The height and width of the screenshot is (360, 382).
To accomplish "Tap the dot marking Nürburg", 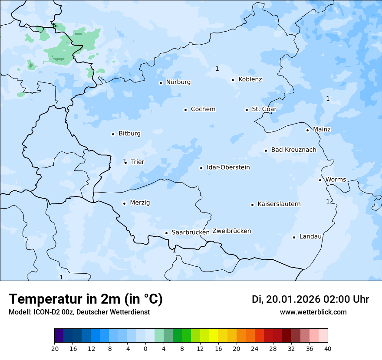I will click(161, 83).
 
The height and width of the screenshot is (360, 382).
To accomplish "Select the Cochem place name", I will click(203, 109).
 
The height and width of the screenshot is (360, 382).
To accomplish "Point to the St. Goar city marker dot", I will click(247, 110).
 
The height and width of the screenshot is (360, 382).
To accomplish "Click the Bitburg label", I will click(129, 134).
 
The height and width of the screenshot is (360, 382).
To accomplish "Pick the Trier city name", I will click(137, 162).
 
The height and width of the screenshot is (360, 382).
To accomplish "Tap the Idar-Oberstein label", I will click(228, 167).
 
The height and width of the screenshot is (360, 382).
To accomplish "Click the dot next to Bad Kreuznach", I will click(266, 151).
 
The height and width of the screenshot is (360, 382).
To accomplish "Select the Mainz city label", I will click(322, 130).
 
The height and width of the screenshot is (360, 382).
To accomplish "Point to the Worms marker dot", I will click(320, 180).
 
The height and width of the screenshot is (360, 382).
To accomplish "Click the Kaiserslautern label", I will click(279, 204).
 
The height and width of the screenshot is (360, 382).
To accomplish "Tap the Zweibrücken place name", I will click(231, 231).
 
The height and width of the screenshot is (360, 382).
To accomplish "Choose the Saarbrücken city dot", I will click(166, 233).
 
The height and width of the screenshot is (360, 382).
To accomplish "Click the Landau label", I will click(310, 237).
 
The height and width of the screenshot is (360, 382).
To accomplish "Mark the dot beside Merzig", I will click(124, 203).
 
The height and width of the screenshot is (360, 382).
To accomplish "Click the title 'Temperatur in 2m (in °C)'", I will click(86, 299).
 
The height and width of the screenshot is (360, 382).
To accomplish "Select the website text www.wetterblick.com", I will click(313, 312).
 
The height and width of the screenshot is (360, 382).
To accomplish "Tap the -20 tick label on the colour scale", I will click(54, 349).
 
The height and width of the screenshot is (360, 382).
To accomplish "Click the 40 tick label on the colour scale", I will click(328, 349).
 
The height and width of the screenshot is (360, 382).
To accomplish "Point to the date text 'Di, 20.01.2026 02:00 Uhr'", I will click(310, 299).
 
